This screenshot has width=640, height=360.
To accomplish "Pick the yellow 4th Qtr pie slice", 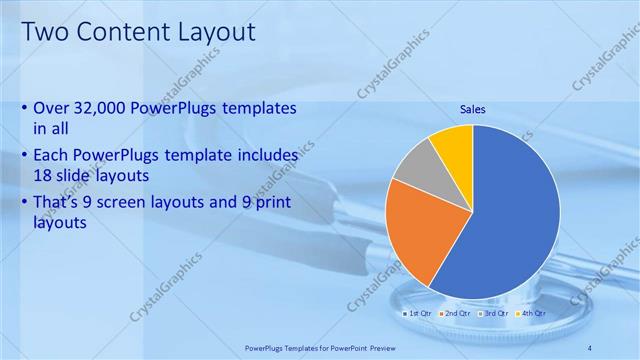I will (x=453, y=146).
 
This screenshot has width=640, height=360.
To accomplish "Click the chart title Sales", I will (x=473, y=109).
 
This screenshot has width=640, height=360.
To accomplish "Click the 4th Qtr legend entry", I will (x=532, y=313).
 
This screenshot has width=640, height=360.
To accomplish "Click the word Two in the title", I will (x=46, y=32).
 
